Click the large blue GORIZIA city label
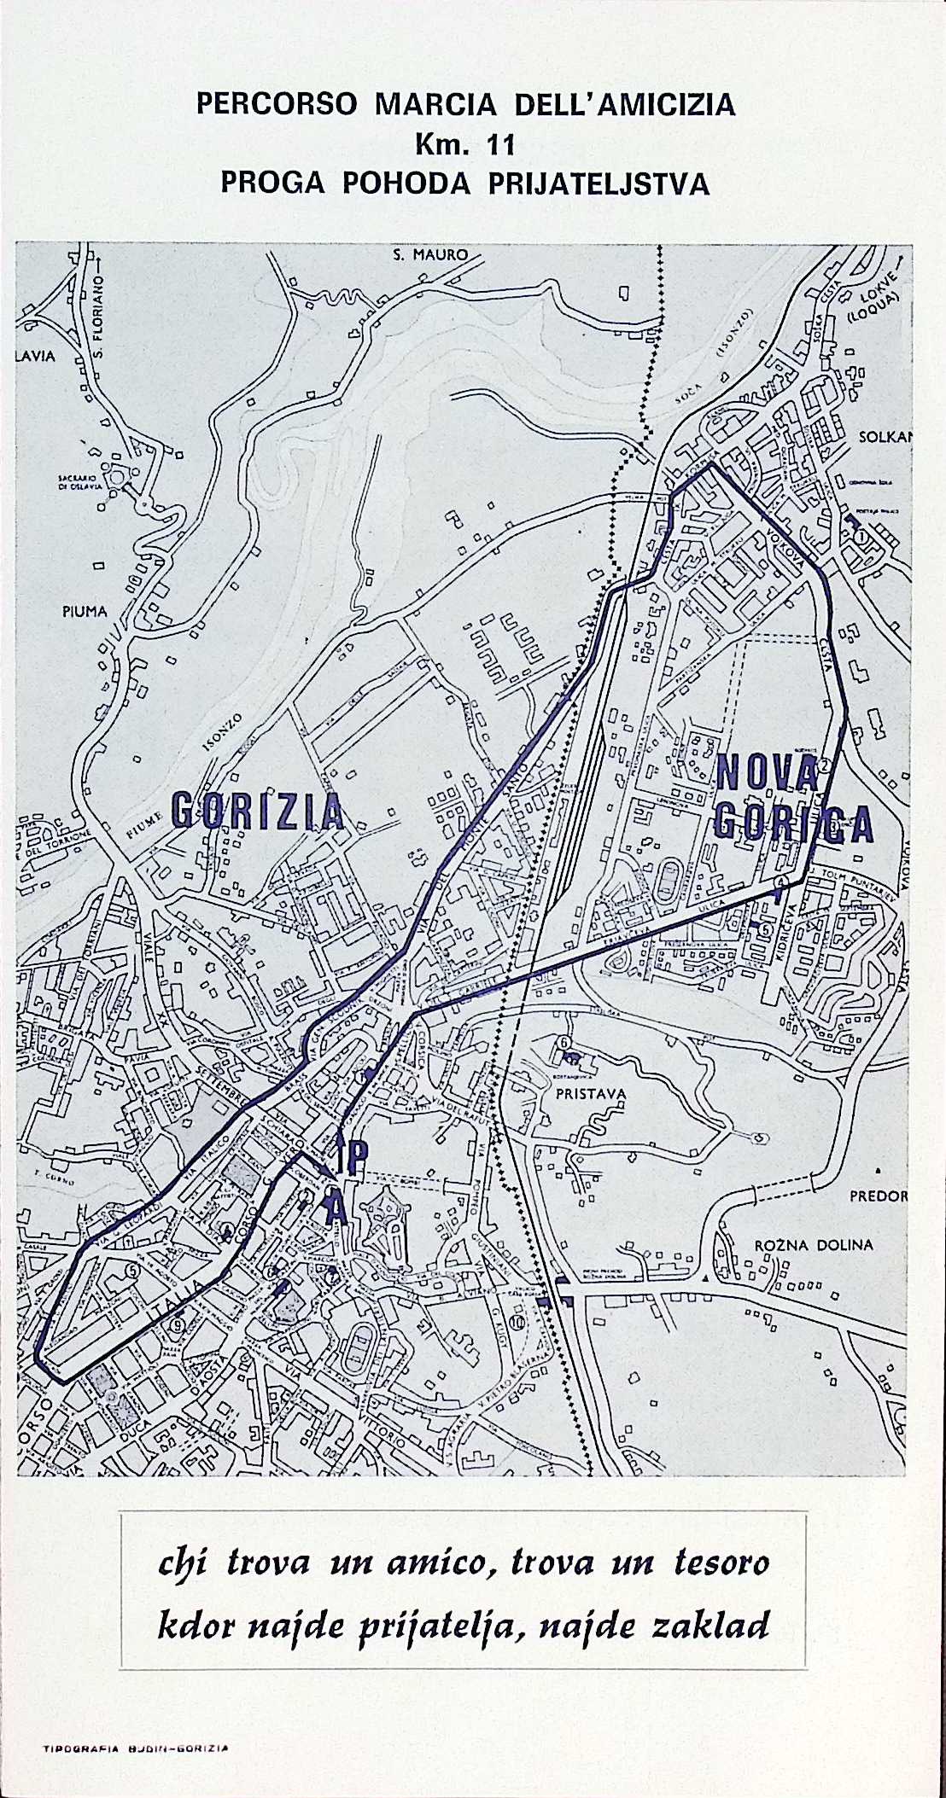258,809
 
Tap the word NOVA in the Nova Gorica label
766,772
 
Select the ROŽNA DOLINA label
813,1244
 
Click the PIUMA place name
85,612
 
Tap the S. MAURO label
430,254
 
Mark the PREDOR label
878,1196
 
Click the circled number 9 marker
177,1325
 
